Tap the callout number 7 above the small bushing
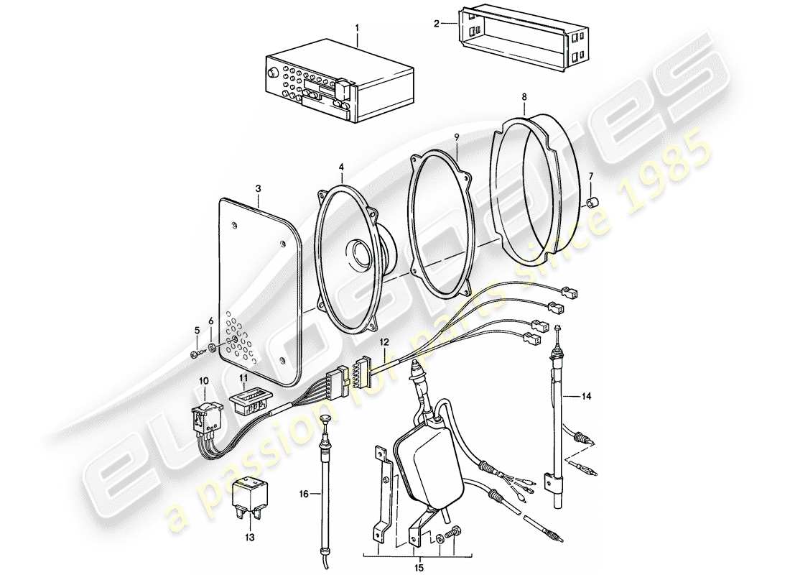point(590,176)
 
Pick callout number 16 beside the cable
point(303,494)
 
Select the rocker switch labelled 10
point(205,418)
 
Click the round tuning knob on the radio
point(272,74)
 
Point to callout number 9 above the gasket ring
point(455,137)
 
